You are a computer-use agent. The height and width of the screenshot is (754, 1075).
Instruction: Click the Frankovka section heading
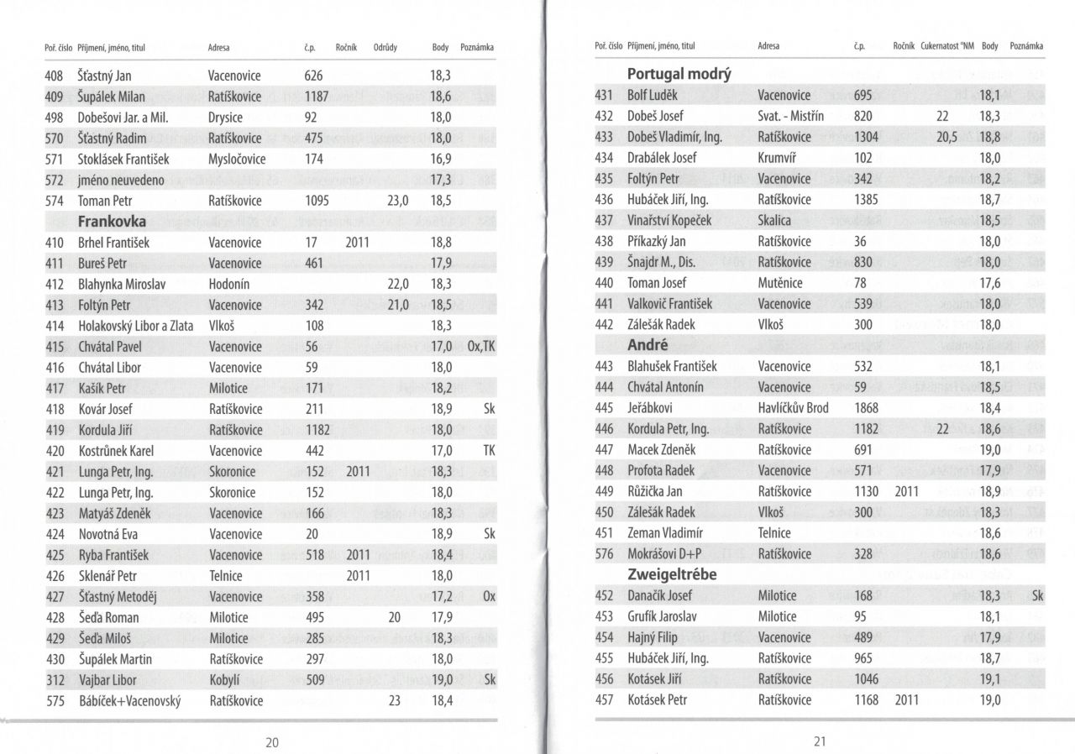[x=112, y=222]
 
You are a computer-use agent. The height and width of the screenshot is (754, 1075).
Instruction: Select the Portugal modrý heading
[x=679, y=74]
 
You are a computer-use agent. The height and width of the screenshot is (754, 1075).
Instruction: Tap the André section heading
[x=648, y=345]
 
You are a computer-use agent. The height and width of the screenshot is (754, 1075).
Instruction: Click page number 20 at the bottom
[x=272, y=741]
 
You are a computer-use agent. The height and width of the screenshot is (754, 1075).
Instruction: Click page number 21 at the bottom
[x=821, y=741]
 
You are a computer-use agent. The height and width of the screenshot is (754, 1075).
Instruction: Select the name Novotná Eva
[x=107, y=534]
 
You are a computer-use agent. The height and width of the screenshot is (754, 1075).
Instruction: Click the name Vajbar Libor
[x=107, y=680]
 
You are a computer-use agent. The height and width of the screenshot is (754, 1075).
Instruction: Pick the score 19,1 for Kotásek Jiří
[x=990, y=679]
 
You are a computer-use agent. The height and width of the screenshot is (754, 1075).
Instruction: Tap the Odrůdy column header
[x=385, y=48]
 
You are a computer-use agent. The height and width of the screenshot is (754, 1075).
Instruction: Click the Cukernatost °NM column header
[x=947, y=46]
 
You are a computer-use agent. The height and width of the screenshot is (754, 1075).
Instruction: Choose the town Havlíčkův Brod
[x=793, y=408]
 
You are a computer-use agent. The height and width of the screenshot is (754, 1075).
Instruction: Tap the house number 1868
[x=866, y=408]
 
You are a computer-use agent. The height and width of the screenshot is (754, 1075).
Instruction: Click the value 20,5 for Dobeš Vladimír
[x=946, y=137]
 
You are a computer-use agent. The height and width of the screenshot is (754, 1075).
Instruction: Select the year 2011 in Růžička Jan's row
[x=907, y=491]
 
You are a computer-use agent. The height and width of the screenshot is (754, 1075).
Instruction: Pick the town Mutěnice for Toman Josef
[x=780, y=283]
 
